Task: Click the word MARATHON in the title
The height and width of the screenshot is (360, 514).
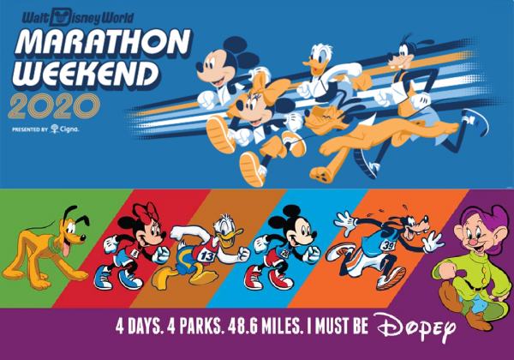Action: (102, 43)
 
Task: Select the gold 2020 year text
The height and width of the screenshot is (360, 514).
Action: (54, 106)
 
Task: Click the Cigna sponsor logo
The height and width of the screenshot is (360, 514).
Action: (65, 129)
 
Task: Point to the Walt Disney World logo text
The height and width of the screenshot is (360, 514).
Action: (78, 18)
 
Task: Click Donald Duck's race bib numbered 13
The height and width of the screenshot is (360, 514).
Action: (206, 256)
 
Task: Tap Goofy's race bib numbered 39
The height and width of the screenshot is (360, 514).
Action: (388, 245)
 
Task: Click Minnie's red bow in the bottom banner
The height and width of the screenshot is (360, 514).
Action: (147, 212)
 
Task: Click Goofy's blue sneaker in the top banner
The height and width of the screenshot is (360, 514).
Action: (475, 121)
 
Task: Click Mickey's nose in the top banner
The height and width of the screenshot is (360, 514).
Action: (199, 67)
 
